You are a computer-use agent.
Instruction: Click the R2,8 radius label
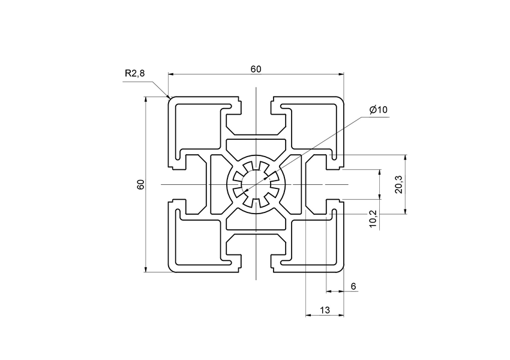(x=134, y=74)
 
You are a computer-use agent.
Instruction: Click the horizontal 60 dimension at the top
(x=256, y=69)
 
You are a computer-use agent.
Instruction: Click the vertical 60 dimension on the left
(x=140, y=184)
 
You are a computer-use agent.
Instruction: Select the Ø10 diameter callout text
(x=379, y=109)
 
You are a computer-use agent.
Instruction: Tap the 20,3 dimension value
(x=399, y=184)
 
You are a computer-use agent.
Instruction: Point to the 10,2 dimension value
(x=373, y=218)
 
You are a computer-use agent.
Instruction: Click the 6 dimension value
(x=353, y=286)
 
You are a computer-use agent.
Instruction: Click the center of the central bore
(x=256, y=184)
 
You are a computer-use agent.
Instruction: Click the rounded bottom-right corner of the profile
(x=342, y=269)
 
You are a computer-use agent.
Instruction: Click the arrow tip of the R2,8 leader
(x=169, y=97)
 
